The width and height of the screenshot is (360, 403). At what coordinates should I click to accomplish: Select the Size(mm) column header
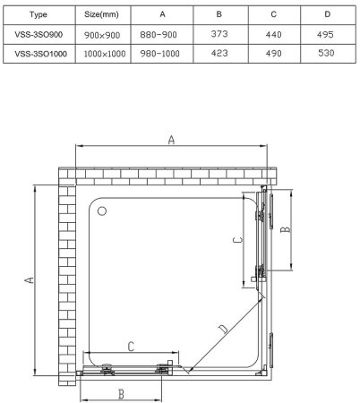[101, 15]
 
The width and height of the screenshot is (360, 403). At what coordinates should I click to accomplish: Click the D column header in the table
[327, 15]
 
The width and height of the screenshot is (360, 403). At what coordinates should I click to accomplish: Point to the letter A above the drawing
[170, 138]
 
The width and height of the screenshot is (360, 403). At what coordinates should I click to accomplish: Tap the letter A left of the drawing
[29, 280]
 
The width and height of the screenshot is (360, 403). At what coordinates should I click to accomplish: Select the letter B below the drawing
[120, 391]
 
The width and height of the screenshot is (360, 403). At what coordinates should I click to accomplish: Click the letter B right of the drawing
[287, 229]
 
